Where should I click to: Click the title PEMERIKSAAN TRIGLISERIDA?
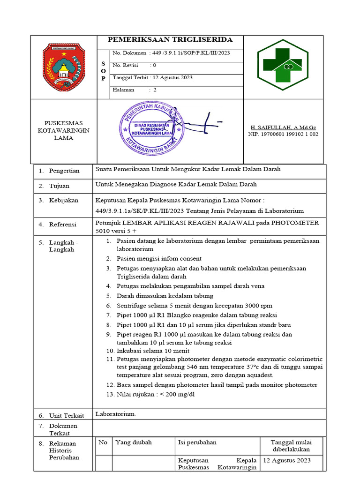point(170,40)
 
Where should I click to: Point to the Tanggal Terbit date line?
point(152,77)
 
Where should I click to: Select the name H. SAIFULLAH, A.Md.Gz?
point(283,127)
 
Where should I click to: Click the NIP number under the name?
point(283,134)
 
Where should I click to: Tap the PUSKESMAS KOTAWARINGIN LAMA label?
point(63,130)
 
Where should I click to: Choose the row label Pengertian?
point(64,171)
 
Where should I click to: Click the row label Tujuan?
point(59,186)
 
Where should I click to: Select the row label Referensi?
point(63,225)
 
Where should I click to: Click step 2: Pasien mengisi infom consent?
point(159,258)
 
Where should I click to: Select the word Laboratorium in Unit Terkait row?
point(116,414)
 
